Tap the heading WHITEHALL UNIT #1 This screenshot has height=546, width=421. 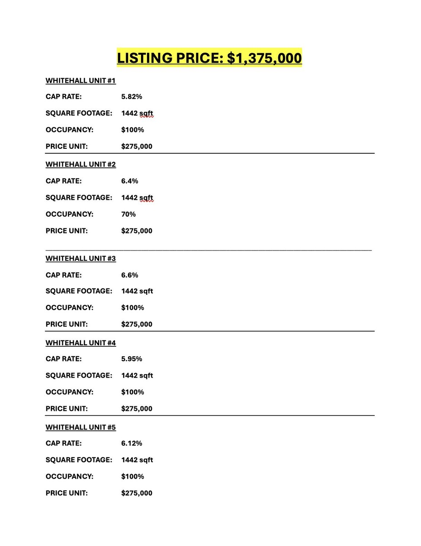click(80, 81)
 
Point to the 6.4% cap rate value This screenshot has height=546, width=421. click(130, 181)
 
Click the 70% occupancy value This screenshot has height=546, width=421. click(128, 214)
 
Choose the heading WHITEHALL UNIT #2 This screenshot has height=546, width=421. click(80, 164)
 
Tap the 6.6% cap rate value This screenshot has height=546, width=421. click(130, 275)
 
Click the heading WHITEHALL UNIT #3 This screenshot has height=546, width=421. click(80, 258)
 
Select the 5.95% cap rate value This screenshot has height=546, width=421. click(132, 359)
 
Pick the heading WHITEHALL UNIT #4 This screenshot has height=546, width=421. click(80, 343)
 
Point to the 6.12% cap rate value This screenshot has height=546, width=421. click(132, 443)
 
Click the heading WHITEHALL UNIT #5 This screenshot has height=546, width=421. click(80, 427)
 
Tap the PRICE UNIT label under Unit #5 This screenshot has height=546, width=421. click(67, 493)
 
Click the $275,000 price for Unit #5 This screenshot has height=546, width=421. click(137, 493)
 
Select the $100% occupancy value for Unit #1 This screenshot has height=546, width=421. click(133, 130)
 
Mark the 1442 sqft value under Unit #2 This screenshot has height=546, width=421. click(137, 198)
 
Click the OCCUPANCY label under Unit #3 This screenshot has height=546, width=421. click(69, 308)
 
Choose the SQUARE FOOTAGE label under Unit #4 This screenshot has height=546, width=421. click(79, 376)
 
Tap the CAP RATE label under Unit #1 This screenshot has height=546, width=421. click(64, 97)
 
